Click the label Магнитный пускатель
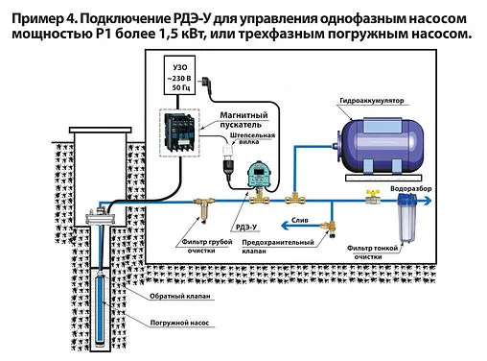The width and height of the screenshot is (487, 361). tap(245, 120)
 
